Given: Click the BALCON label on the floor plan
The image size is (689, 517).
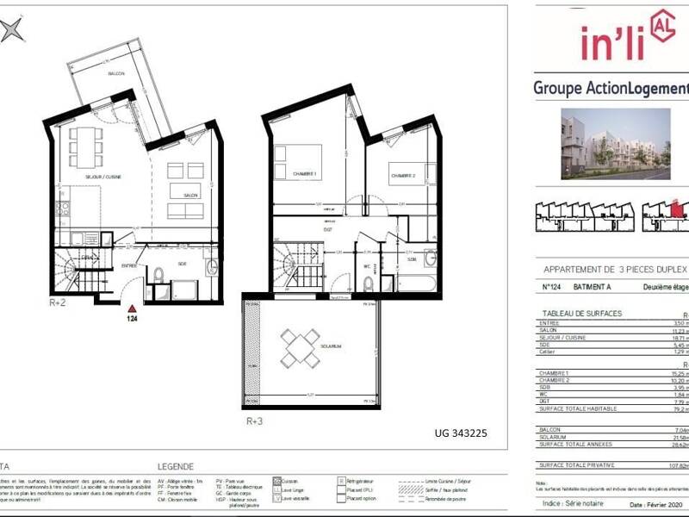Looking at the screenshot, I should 116,74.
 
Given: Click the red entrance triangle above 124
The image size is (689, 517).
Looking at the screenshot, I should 131,308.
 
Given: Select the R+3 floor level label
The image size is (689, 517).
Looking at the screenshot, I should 255,420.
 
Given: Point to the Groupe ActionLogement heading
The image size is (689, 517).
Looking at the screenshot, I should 611,88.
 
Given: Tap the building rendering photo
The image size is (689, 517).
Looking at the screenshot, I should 615,143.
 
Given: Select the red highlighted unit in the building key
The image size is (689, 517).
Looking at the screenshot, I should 677,209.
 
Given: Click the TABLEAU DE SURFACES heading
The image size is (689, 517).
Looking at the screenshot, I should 581,314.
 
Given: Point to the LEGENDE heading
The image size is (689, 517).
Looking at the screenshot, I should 176,466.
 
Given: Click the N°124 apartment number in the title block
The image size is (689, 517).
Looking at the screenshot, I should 553,289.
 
